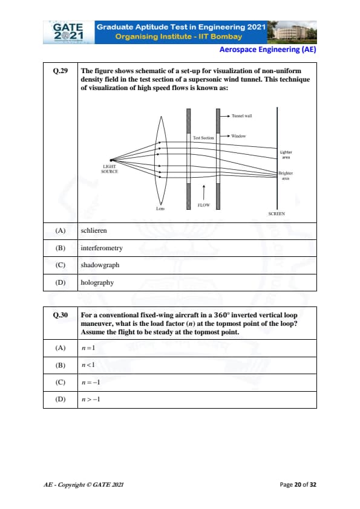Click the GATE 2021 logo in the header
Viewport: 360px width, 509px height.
point(68,32)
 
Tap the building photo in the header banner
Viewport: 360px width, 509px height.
point(292,32)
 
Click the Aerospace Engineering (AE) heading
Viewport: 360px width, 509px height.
point(267,50)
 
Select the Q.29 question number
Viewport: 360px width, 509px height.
point(61,71)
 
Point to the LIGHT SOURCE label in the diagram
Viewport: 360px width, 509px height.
point(110,169)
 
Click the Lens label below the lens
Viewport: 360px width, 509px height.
point(160,209)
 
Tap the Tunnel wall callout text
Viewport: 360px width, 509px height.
point(242,116)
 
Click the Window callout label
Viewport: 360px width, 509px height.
point(238,136)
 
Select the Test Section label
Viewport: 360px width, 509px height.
point(203,138)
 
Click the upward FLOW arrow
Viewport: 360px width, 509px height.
point(204,192)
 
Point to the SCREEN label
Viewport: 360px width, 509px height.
point(277,213)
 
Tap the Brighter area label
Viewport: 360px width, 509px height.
point(286,176)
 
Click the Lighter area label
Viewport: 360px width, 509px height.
point(286,155)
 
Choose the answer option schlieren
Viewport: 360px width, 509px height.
point(94,230)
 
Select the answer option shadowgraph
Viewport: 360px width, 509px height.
point(100,265)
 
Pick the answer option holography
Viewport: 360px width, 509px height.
point(97,282)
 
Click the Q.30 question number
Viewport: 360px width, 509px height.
point(61,315)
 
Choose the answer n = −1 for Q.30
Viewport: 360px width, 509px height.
point(91,383)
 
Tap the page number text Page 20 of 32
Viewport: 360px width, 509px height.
point(298,485)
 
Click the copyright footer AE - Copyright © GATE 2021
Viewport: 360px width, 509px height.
point(83,485)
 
